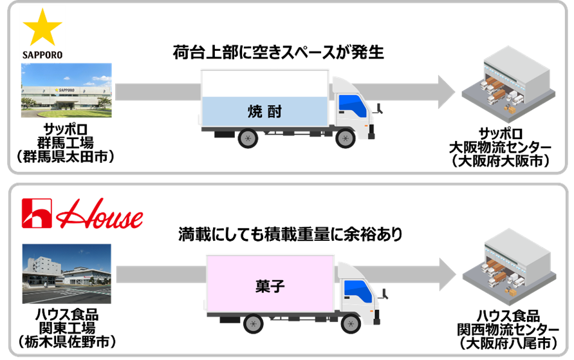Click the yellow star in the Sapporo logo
(x=42, y=28)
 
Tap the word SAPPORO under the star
(x=42, y=55)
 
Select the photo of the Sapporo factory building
(x=66, y=90)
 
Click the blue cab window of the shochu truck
(x=352, y=104)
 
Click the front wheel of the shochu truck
(x=346, y=138)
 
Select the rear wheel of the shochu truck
(x=248, y=138)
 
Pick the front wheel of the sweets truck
(x=351, y=323)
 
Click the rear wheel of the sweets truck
(x=253, y=323)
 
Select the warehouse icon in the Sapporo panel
(x=508, y=83)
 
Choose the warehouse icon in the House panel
(x=508, y=265)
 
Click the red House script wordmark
(x=100, y=215)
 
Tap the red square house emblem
(x=37, y=214)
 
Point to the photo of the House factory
(x=66, y=273)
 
